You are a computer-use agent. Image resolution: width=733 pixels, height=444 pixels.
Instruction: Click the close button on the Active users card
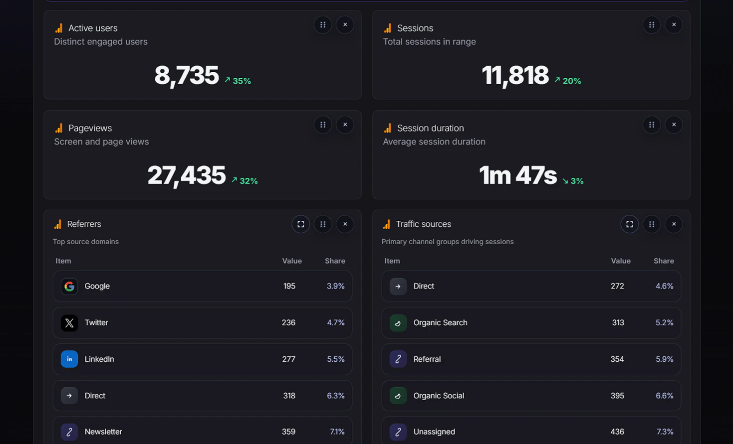click(x=345, y=25)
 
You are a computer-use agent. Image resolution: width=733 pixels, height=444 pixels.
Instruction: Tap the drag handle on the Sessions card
click(x=652, y=25)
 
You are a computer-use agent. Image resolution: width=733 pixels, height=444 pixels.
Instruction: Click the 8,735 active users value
click(x=187, y=76)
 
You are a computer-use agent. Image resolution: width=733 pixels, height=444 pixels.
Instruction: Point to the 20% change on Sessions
click(x=568, y=81)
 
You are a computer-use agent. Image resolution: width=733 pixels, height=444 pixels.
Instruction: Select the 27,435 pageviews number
click(x=187, y=175)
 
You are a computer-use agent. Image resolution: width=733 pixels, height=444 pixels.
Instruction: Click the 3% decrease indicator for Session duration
click(x=573, y=181)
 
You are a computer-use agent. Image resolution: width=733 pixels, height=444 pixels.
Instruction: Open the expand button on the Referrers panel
click(x=301, y=224)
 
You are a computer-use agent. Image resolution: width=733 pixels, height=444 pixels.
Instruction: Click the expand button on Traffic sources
click(x=630, y=224)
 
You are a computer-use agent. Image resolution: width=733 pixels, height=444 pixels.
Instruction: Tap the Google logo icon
click(x=69, y=287)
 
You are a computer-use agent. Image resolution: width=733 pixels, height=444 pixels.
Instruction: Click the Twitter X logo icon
click(x=69, y=323)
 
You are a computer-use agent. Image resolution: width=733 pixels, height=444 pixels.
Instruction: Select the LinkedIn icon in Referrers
click(x=69, y=359)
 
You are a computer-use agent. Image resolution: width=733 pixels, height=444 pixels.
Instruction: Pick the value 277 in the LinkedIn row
click(x=288, y=359)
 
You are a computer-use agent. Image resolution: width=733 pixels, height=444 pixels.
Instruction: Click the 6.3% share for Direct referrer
click(x=335, y=396)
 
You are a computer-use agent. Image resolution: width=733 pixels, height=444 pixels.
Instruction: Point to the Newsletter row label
click(x=103, y=432)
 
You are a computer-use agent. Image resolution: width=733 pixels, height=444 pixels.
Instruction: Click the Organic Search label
click(x=440, y=323)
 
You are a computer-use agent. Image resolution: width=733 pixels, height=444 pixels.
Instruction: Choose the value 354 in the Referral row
click(x=617, y=359)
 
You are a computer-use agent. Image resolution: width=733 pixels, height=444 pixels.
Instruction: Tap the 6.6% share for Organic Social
click(x=664, y=396)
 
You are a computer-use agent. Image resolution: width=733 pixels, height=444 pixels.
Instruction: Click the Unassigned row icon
click(x=398, y=432)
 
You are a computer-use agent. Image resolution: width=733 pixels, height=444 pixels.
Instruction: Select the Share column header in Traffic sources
click(x=664, y=261)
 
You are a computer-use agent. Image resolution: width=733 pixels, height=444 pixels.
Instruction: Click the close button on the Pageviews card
click(x=345, y=125)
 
